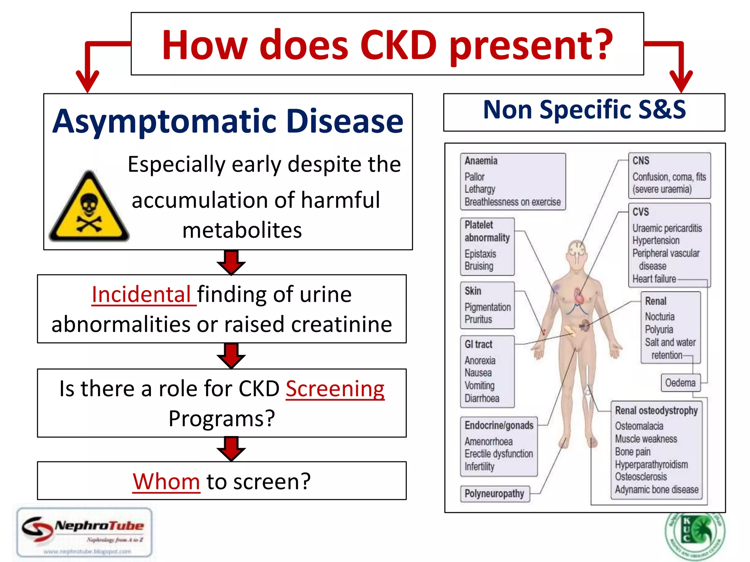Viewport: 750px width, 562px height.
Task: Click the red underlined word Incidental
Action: coord(141,294)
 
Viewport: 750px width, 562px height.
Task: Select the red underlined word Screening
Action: coord(335,389)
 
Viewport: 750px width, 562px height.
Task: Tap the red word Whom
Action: coord(166,482)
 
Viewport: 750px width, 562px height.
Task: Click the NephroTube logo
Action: coord(85,532)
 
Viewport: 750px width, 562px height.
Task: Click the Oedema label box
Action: coord(680,383)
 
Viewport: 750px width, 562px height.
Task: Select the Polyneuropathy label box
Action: coord(494,494)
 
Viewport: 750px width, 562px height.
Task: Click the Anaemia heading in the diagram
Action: coord(481,161)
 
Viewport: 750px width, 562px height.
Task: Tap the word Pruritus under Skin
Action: coord(478,319)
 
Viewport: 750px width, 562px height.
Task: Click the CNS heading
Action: coord(641,161)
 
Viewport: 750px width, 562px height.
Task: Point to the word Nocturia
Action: coord(660,316)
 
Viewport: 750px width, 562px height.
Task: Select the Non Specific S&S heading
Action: coord(584,110)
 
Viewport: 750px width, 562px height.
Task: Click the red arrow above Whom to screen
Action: coord(231,449)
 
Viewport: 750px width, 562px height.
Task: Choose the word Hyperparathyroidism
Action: coord(651,464)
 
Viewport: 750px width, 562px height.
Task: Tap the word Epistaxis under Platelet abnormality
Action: coord(480,254)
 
